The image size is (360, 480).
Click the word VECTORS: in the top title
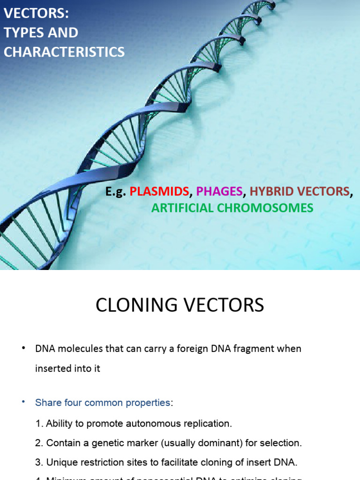tap(36, 14)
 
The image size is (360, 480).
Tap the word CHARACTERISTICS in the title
tap(64, 52)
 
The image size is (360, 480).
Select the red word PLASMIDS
tap(159, 191)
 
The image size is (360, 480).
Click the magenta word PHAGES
tap(219, 191)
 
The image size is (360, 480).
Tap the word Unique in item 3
tap(61, 462)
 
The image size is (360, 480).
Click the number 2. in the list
tap(39, 443)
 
